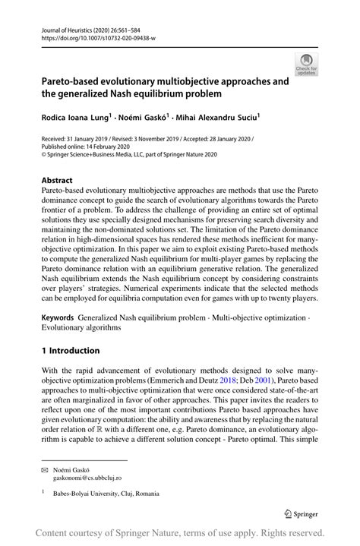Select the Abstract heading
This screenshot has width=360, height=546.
[x=58, y=181]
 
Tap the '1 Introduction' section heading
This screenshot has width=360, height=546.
[x=71, y=350]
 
